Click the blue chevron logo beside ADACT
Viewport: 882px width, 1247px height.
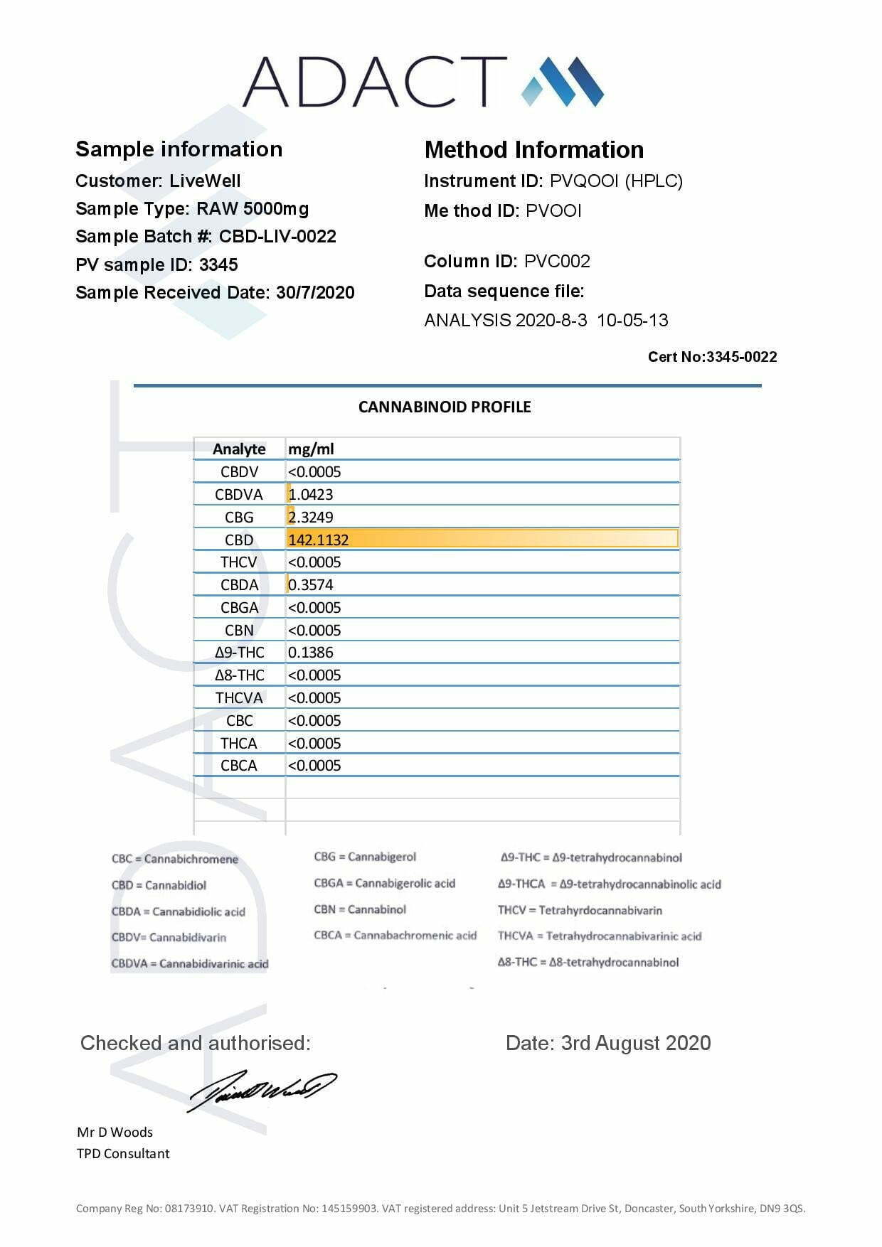[x=563, y=81]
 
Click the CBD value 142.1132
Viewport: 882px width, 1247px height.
[x=319, y=540]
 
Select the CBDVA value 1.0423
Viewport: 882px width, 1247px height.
[x=311, y=494]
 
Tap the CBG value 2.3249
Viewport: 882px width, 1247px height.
[x=311, y=517]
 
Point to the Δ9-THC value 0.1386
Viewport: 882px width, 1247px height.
[x=311, y=652]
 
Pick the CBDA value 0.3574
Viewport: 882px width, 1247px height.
[x=311, y=584]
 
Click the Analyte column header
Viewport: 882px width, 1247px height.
[x=239, y=449]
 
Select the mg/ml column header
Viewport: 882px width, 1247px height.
[x=311, y=449]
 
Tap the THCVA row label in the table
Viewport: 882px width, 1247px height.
[x=239, y=697]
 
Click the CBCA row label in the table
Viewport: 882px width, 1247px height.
[x=239, y=765]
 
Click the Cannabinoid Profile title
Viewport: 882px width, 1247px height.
[x=445, y=407]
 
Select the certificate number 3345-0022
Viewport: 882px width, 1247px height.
[x=741, y=357]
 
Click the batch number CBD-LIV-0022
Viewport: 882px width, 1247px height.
[x=277, y=236]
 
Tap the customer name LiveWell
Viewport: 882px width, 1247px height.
[x=205, y=181]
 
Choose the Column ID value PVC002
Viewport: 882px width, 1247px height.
[x=557, y=261]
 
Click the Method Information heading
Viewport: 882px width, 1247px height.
[x=533, y=149]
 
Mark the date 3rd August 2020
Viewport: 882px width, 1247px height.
[x=636, y=1043]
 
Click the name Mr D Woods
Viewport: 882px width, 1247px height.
[x=115, y=1132]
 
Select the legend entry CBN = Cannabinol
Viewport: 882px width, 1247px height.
[x=360, y=909]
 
